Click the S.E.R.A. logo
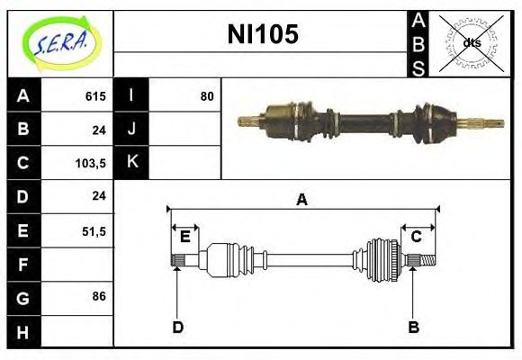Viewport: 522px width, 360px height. (x=61, y=44)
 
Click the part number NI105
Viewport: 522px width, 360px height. (x=263, y=34)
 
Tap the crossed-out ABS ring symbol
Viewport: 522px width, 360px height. (x=471, y=43)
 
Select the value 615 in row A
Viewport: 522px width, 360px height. (x=95, y=96)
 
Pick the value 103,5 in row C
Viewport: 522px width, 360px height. (x=91, y=164)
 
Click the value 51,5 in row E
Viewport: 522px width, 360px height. (x=94, y=231)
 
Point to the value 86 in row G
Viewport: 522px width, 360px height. (x=99, y=296)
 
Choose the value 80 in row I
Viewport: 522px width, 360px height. (x=207, y=96)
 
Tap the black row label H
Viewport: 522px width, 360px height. (x=23, y=332)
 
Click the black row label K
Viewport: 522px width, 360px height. (x=131, y=162)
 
